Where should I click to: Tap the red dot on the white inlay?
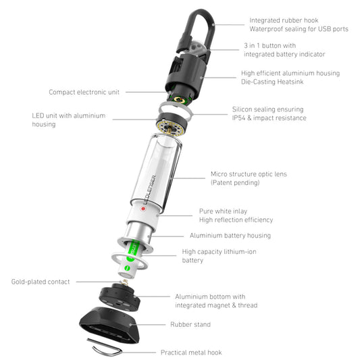pos(143,209)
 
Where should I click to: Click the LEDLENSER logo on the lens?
pos(150,190)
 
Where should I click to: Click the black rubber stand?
pos(109,324)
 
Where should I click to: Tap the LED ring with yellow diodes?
pos(170,129)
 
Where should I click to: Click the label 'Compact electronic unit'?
pos(84,92)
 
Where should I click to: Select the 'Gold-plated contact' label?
pos(41,282)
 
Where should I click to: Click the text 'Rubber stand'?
pos(190,324)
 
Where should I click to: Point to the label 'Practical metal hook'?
pos(191,353)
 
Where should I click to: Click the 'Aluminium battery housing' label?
pos(230,236)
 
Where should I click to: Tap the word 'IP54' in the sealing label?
pos(239,118)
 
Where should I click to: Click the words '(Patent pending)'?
pos(235,183)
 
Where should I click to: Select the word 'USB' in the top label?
pos(324,29)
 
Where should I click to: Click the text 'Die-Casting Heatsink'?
pos(272,82)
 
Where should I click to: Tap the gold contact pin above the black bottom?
pos(125,282)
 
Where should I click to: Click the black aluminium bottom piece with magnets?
pos(120,298)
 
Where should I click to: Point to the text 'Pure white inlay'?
pos(223,211)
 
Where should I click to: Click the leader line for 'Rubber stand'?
pos(148,325)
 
